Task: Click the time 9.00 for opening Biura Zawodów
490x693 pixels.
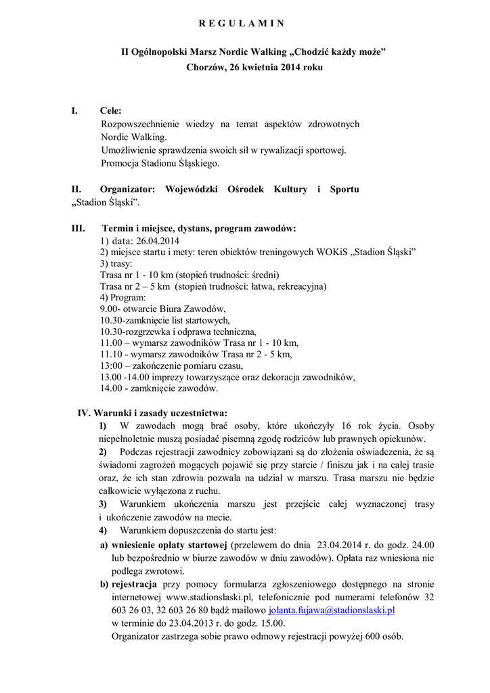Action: point(109,309)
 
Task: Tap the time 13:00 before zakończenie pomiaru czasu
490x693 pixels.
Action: point(111,365)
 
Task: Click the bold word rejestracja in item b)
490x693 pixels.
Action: point(134,584)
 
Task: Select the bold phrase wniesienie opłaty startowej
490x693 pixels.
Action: point(169,545)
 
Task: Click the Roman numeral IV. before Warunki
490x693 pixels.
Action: point(85,412)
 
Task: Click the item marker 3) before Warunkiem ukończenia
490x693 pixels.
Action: point(103,504)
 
